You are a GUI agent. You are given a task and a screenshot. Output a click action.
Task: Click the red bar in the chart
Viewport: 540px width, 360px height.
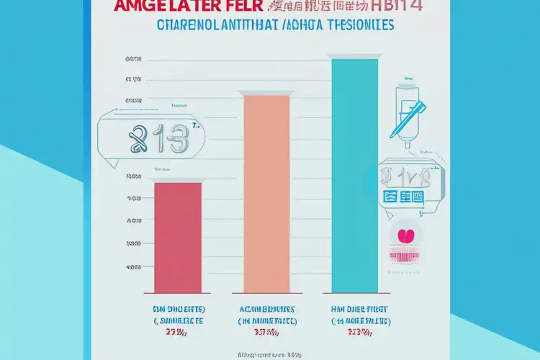(x=179, y=238)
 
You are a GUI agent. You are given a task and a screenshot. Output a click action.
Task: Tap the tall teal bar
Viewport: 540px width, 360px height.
(x=354, y=176)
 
